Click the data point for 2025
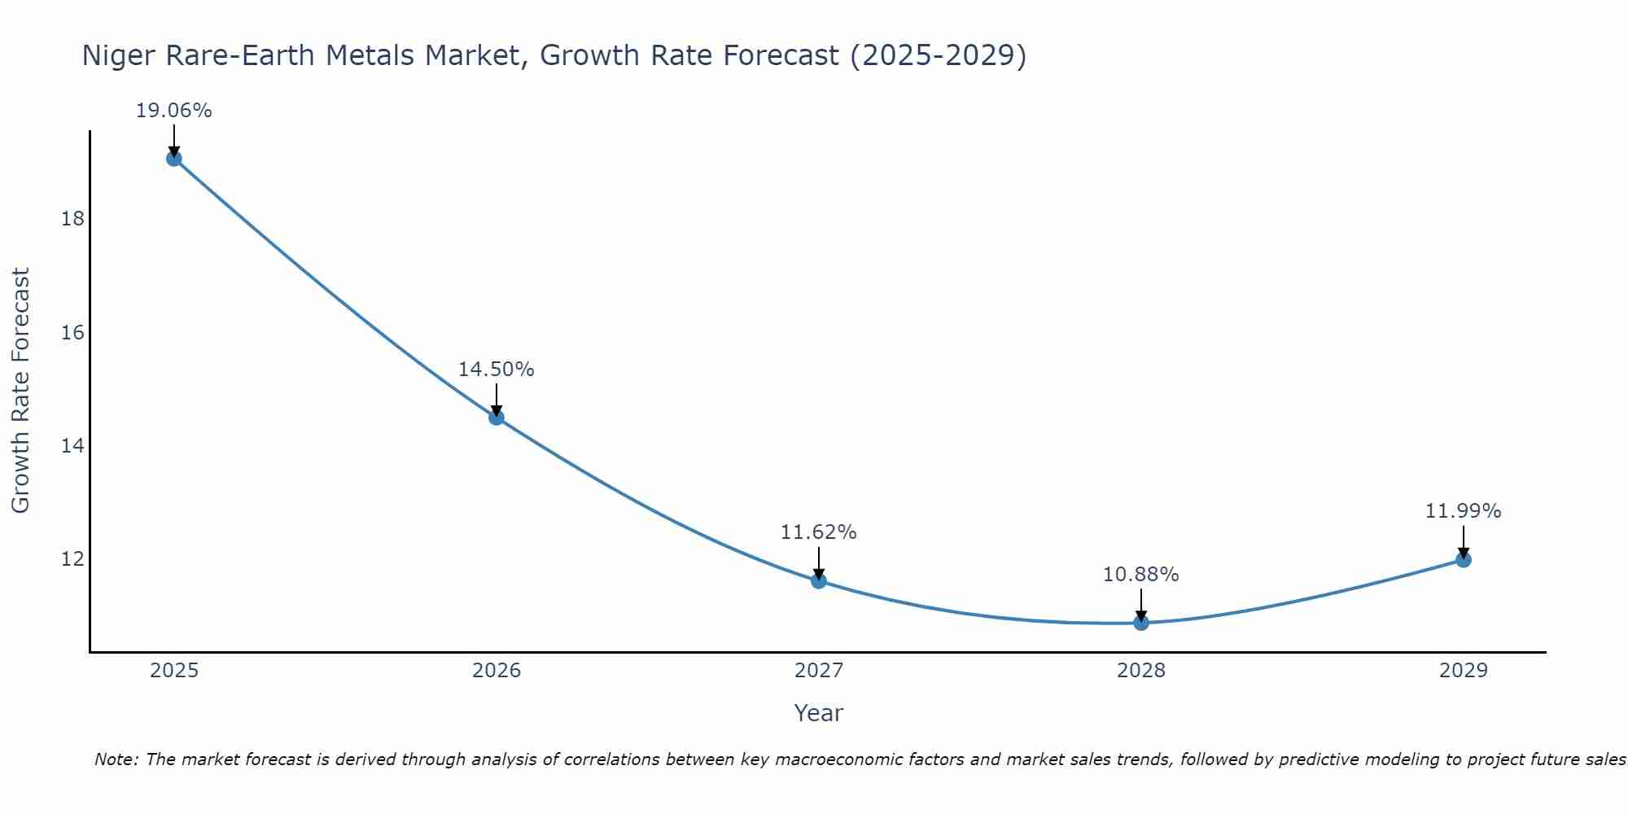174,158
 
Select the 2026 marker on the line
497,418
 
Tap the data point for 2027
819,580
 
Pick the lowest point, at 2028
1141,623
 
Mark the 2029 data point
1463,559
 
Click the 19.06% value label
173,111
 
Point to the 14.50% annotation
496,370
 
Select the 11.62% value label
818,532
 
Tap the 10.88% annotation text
1140,575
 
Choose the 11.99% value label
1463,511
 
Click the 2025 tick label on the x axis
174,671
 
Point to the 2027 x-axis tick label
819,671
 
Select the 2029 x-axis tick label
1463,671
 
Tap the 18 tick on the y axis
72,219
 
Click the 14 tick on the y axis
72,446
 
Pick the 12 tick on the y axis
72,559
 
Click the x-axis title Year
818,713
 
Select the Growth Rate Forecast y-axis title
21,391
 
